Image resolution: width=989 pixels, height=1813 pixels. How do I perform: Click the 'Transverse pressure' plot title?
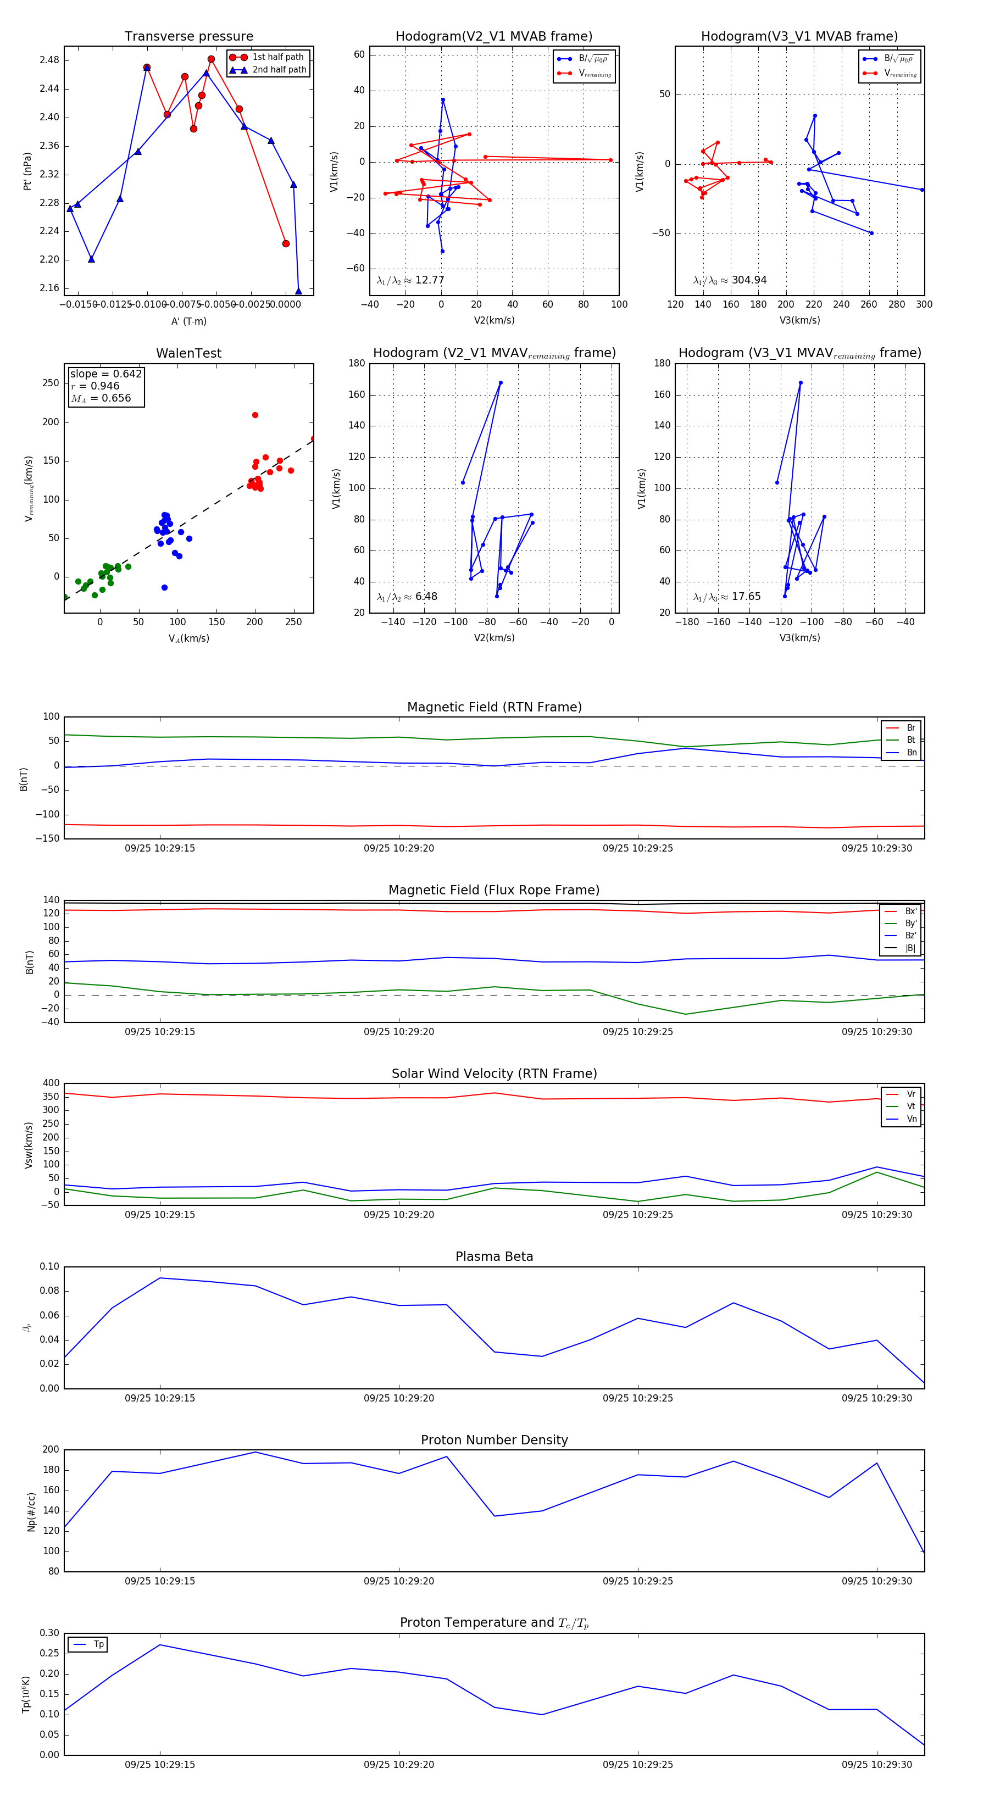click(x=188, y=37)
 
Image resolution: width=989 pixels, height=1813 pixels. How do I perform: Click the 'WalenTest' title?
click(x=188, y=353)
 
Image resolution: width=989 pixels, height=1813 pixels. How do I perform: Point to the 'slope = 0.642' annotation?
click(x=105, y=374)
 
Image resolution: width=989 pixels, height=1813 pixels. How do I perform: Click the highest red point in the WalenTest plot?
click(x=255, y=415)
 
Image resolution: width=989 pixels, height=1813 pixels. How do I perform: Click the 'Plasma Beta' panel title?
click(x=494, y=1257)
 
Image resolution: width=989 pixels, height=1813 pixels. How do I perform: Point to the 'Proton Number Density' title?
click(x=494, y=1440)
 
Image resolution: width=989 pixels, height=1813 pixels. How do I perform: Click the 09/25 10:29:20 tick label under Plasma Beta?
click(x=398, y=1398)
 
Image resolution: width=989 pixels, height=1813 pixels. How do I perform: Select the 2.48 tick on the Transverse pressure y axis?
click(x=49, y=60)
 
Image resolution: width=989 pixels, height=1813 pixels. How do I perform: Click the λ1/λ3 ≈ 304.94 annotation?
click(x=730, y=280)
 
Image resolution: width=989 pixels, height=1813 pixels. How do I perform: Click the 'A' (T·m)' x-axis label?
click(x=188, y=321)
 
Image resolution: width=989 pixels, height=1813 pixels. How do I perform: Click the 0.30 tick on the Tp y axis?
click(x=49, y=1633)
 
